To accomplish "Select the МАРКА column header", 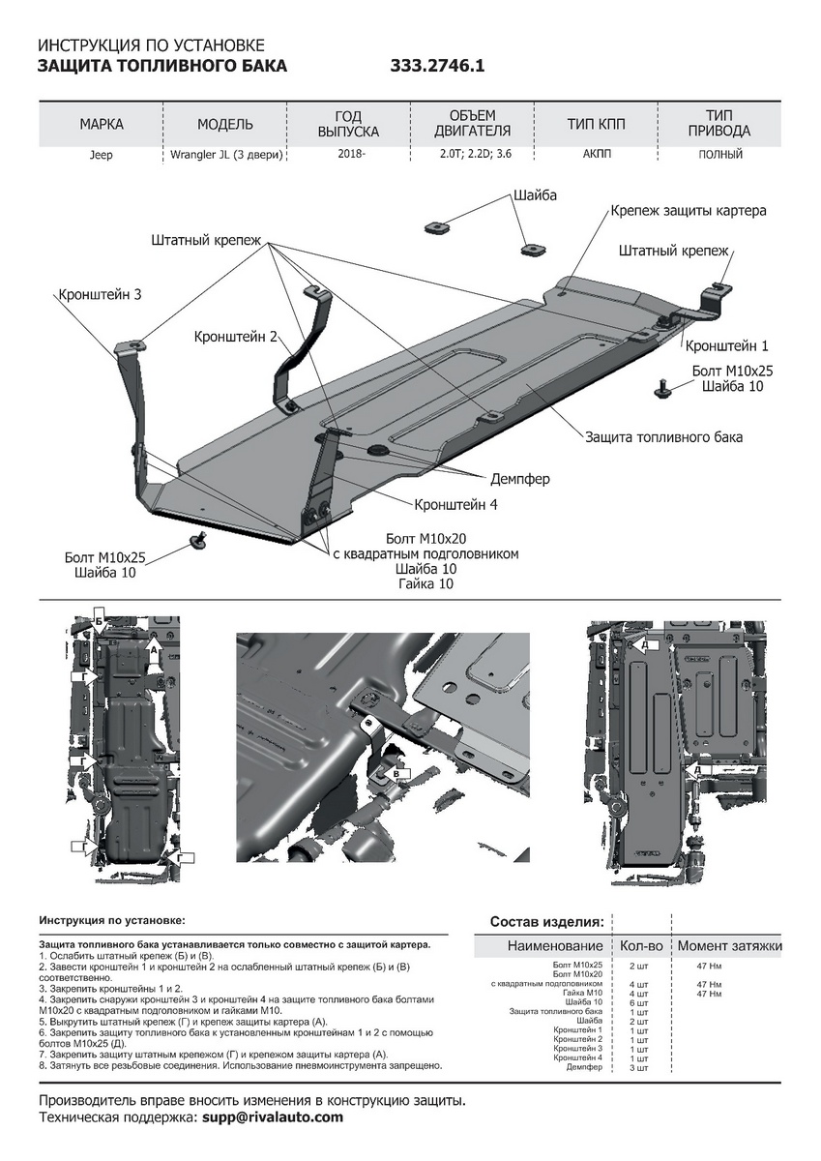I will click(x=102, y=125).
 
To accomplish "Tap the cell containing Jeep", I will click(x=102, y=155).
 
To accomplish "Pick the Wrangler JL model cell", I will click(x=225, y=155).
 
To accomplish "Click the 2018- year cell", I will click(x=349, y=154).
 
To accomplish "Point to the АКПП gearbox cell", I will click(x=597, y=154).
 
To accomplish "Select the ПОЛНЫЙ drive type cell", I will click(x=720, y=154).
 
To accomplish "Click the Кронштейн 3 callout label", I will click(x=100, y=293).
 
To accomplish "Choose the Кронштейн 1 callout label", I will click(x=726, y=345).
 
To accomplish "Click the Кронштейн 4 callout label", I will click(x=456, y=504).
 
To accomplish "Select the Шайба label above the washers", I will click(x=536, y=194).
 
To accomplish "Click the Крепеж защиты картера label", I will click(x=689, y=210).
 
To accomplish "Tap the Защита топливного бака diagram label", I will click(x=663, y=437).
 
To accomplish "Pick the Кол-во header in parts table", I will click(x=640, y=945).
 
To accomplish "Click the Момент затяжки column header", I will click(x=729, y=945).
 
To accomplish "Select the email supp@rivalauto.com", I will click(x=273, y=1117).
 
